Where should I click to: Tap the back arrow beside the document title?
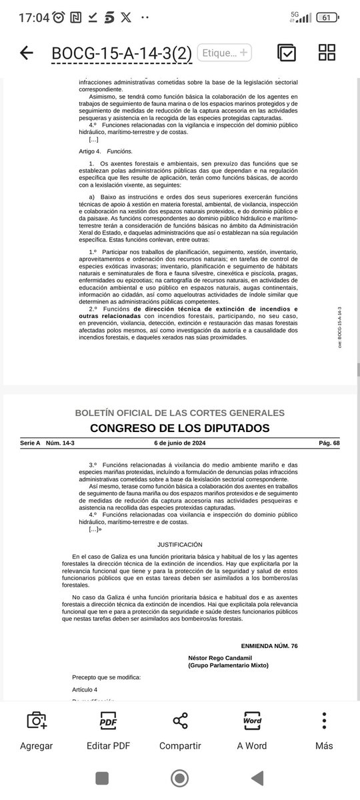click(x=27, y=53)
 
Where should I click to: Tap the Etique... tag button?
click(x=225, y=53)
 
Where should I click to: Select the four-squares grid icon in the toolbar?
click(x=327, y=53)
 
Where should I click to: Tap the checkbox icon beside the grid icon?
click(x=287, y=53)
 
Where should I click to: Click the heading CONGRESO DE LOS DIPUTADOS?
click(x=180, y=427)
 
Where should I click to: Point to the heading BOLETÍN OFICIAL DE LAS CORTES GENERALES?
click(x=180, y=413)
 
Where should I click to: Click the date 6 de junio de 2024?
click(x=180, y=443)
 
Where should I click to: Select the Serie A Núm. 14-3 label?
click(x=45, y=443)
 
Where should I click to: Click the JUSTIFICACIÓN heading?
click(x=180, y=545)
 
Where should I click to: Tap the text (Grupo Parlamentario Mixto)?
click(x=228, y=665)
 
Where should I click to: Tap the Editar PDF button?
click(x=108, y=730)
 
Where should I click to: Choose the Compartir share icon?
click(x=180, y=730)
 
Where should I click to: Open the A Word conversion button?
click(x=252, y=730)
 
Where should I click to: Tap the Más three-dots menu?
click(x=323, y=730)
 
